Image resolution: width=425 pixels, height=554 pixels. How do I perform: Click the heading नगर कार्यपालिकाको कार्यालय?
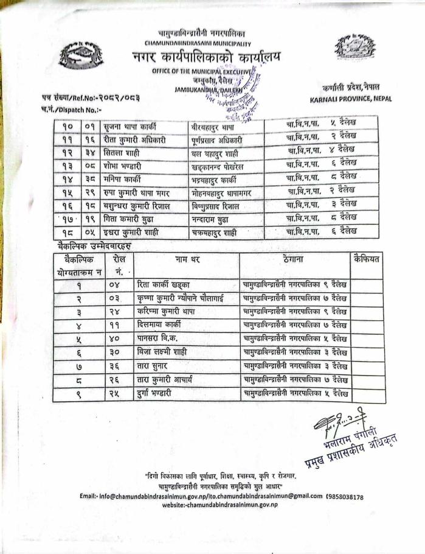(206, 58)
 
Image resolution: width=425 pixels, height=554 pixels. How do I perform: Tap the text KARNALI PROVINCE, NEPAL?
(350, 99)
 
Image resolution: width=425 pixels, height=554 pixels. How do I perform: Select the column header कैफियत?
(367, 260)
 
